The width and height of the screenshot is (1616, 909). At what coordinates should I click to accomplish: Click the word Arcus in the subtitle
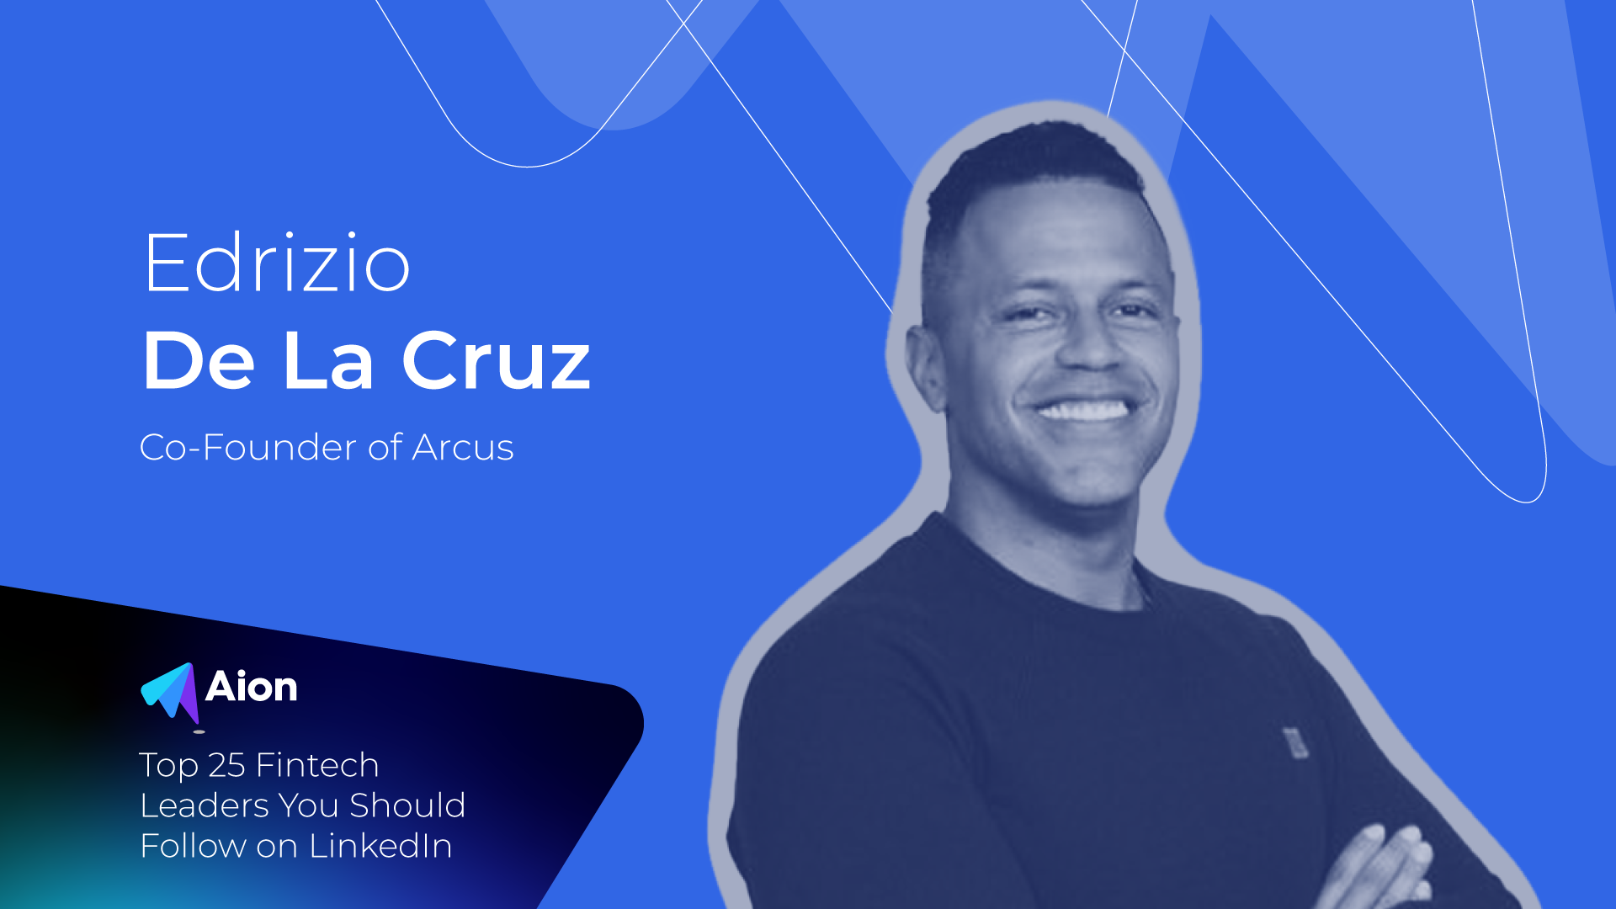463,447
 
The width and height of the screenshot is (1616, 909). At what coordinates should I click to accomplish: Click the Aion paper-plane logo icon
170,694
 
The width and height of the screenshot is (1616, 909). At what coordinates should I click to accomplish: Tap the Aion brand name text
252,687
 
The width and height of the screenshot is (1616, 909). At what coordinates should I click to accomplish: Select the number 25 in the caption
226,765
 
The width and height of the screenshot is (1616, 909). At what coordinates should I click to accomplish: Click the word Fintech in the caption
317,765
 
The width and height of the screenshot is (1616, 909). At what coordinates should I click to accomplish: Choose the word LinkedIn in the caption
380,846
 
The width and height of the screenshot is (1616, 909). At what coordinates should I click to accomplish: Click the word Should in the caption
407,805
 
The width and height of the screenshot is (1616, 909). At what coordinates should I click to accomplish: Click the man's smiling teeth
1083,410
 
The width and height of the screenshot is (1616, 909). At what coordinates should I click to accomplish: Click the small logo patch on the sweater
1294,742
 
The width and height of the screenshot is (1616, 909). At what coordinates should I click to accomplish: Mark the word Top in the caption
169,766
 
